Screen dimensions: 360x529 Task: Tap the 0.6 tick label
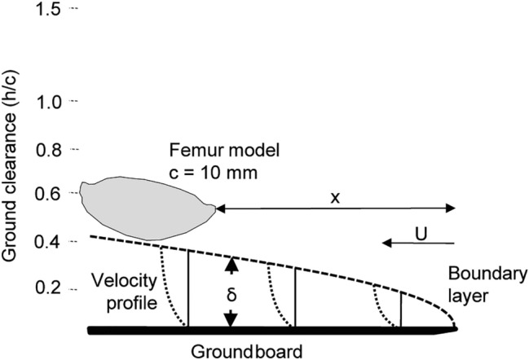(53, 195)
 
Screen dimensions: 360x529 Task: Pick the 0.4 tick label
(53, 241)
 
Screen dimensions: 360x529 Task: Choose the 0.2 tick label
(53, 288)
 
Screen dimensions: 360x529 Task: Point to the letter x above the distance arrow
(335, 198)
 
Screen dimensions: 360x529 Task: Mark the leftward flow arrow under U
(417, 242)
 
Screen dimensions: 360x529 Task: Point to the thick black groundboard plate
(269, 329)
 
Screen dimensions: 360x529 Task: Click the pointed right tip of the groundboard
(453, 329)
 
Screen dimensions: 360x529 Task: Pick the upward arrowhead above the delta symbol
(231, 263)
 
